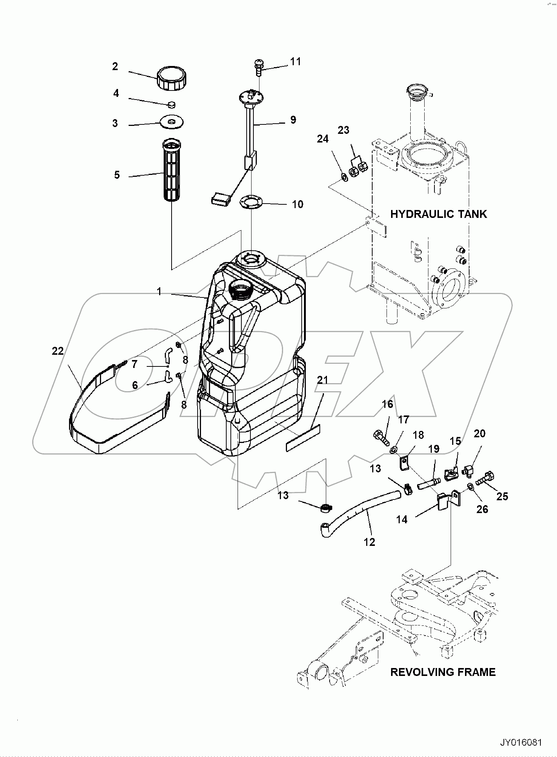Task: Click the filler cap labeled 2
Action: [172, 78]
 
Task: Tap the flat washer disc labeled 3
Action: [172, 121]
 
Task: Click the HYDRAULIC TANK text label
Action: [438, 214]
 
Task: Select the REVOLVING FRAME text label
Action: [443, 672]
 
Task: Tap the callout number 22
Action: [58, 351]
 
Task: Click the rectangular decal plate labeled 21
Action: [303, 438]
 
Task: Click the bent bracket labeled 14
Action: [449, 500]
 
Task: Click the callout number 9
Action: [293, 120]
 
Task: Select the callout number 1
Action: [159, 291]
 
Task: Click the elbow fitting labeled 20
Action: [468, 469]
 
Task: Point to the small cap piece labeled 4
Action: [172, 104]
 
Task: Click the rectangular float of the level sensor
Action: [221, 199]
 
